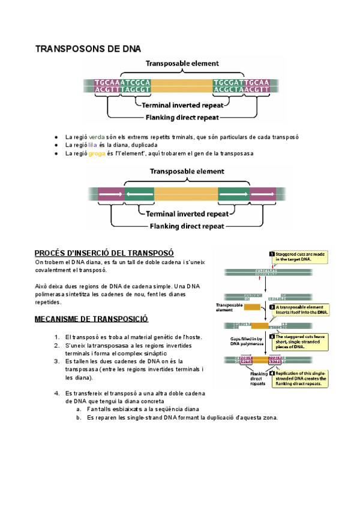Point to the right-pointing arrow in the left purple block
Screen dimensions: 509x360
(x=110, y=194)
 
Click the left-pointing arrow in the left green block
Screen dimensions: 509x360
(x=139, y=194)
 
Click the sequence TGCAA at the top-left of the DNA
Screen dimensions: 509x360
(x=107, y=82)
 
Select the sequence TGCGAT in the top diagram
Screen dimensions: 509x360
(x=230, y=82)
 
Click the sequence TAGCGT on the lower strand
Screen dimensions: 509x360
(x=135, y=90)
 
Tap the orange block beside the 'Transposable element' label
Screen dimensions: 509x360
(x=253, y=307)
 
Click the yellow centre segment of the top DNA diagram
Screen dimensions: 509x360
(x=181, y=86)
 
